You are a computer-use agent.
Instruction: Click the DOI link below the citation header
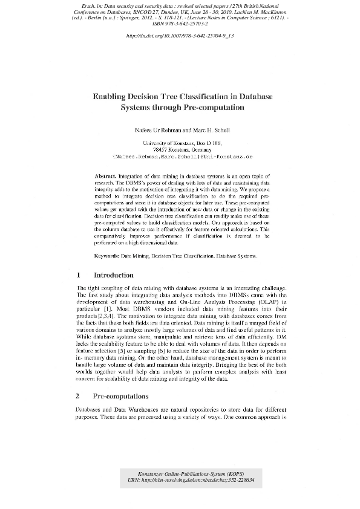tap(180, 36)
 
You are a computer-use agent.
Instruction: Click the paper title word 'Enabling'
tap(113, 96)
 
